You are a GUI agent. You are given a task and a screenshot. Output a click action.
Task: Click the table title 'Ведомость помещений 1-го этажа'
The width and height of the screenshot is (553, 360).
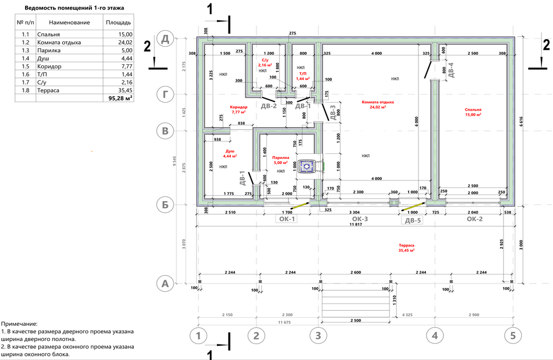tap(74, 9)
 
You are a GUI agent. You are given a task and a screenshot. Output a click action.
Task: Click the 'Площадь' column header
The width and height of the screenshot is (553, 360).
tap(119, 23)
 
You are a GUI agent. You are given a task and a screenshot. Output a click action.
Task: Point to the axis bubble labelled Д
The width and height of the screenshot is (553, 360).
tap(164, 39)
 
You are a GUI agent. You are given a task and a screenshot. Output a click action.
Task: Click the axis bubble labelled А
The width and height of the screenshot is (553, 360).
tap(164, 284)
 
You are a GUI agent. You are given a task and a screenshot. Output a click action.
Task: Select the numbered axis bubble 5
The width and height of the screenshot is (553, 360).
tap(512, 336)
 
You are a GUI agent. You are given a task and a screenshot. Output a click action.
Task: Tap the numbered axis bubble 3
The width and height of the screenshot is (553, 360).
tap(317, 336)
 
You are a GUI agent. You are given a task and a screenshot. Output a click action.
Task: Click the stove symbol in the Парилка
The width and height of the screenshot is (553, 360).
tap(306, 165)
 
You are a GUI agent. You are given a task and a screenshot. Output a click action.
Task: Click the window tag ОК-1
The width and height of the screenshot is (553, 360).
tap(286, 219)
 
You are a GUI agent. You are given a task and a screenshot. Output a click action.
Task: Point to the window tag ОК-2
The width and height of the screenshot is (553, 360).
tap(474, 219)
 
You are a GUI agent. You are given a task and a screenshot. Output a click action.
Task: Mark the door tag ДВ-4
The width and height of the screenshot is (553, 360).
tap(451, 70)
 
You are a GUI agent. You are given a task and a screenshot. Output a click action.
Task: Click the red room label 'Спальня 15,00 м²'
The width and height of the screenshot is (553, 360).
tap(473, 112)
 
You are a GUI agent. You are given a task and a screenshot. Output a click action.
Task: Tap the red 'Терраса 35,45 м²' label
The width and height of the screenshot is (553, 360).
tap(406, 247)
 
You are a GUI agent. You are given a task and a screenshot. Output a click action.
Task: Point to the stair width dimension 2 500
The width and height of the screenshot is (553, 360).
tap(356, 321)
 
